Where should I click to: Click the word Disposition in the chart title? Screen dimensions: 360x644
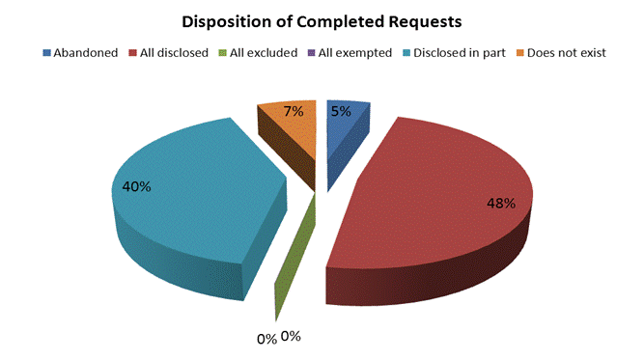[224, 20]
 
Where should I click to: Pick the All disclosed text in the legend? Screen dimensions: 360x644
[175, 52]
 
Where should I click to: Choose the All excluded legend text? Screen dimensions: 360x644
[264, 52]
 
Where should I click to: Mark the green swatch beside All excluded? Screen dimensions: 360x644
[224, 52]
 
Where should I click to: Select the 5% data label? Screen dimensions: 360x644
[342, 111]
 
